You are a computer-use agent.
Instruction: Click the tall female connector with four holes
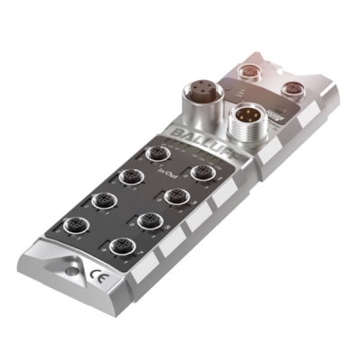[199, 94]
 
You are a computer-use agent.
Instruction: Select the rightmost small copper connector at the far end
[292, 87]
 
